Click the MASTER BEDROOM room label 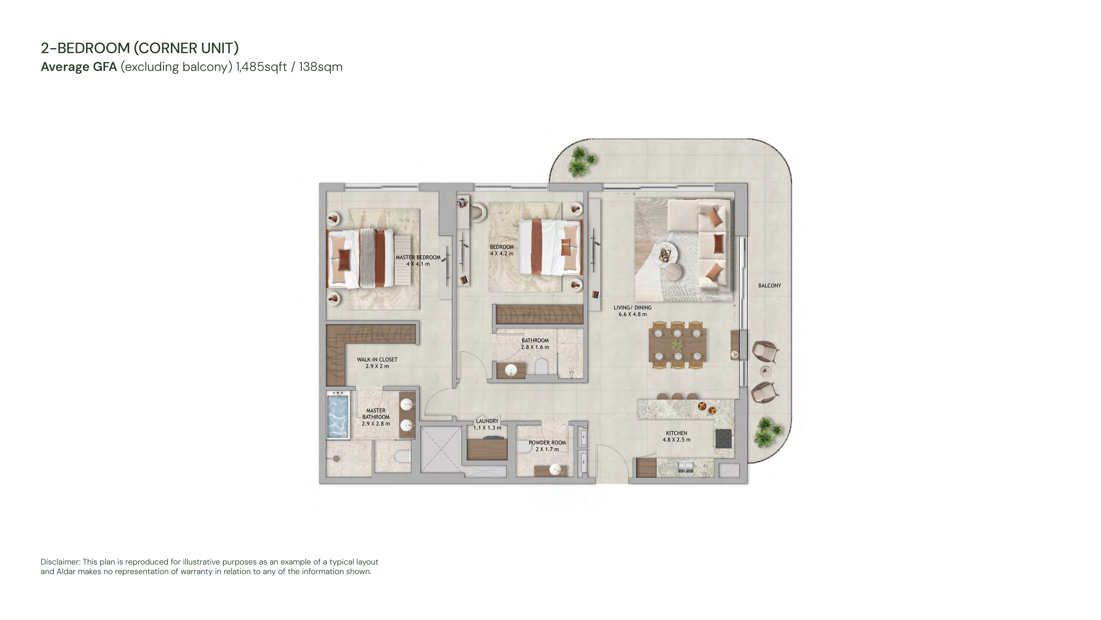tap(418, 257)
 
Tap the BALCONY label tap(769, 285)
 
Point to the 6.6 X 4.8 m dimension tap(633, 314)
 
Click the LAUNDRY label tap(487, 421)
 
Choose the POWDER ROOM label tap(547, 443)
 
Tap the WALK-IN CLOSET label tap(377, 359)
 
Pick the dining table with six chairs tap(677, 345)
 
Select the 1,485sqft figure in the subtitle tap(261, 67)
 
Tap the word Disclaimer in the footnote tap(60, 562)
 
